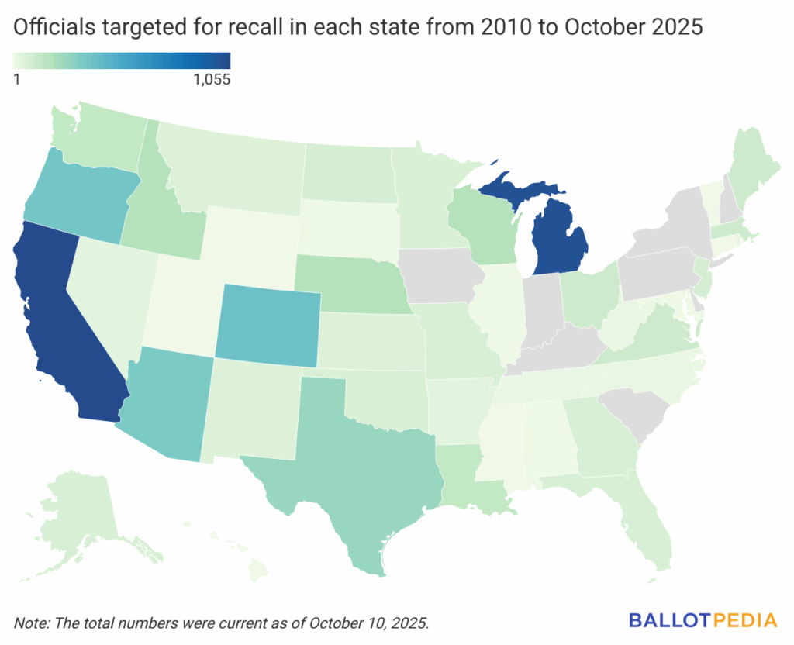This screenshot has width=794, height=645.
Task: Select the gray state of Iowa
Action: click(x=438, y=275)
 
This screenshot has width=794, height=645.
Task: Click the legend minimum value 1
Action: click(x=17, y=78)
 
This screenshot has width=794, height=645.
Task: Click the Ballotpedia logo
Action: click(x=703, y=620)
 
